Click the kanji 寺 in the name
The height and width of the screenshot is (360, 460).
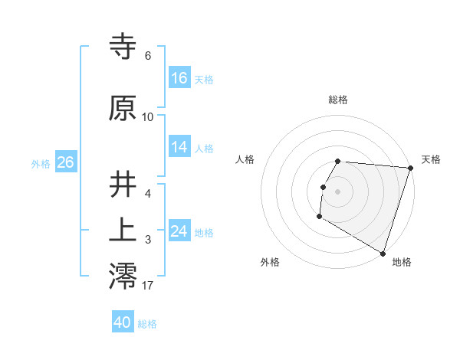(x=123, y=48)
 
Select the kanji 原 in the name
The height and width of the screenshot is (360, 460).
(x=123, y=109)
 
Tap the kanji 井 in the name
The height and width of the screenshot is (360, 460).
(x=123, y=185)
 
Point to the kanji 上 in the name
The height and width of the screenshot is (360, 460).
(x=123, y=231)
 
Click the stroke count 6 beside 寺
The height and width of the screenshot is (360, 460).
(x=148, y=56)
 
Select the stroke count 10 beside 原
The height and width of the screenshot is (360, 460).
(x=148, y=116)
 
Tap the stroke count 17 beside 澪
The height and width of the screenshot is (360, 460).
(x=148, y=286)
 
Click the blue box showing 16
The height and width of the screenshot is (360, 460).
(x=179, y=78)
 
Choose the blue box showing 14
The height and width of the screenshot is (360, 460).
(x=179, y=147)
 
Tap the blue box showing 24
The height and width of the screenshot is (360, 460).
(x=179, y=231)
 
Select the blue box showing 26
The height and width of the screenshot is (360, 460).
(x=65, y=162)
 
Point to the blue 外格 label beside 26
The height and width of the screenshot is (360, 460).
(x=41, y=163)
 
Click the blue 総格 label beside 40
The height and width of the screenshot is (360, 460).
(x=148, y=323)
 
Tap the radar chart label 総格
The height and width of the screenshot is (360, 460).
(x=338, y=100)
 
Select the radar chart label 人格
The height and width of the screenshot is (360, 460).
(x=245, y=159)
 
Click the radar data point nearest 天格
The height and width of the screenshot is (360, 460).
(x=410, y=169)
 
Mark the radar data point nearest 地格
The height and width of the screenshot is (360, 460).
(x=383, y=253)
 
